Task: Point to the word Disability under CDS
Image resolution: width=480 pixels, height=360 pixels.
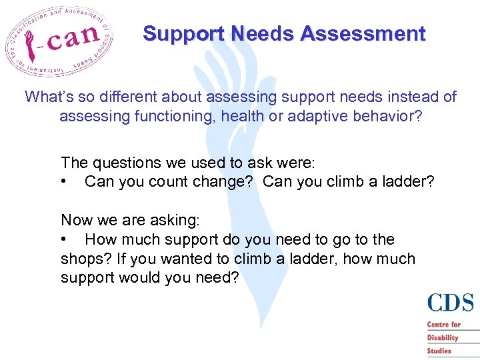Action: pyautogui.click(x=443, y=337)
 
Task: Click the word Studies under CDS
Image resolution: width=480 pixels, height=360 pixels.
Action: pyautogui.click(x=439, y=351)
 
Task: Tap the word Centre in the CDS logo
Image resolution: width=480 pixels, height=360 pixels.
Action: pyautogui.click(x=438, y=325)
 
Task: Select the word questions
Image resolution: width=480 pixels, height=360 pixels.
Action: pyautogui.click(x=125, y=163)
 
